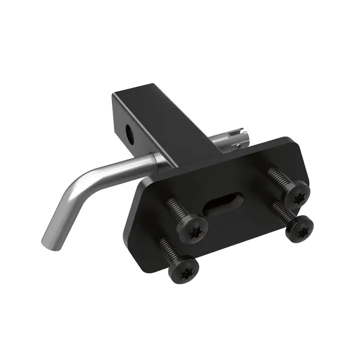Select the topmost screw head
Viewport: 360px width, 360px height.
295,193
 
